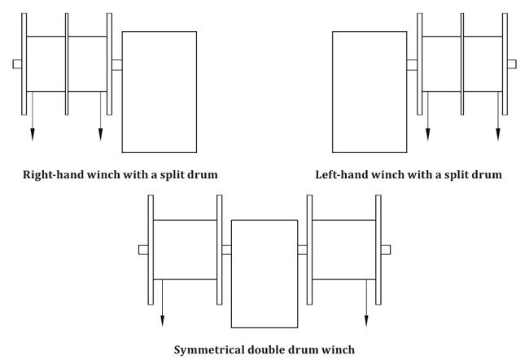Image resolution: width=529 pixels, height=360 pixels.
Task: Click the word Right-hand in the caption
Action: point(54,175)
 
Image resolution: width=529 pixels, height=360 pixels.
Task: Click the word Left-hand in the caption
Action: point(342,175)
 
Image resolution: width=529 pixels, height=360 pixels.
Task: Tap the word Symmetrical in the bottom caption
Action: point(209,350)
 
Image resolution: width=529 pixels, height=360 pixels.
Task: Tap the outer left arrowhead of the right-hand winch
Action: point(33,134)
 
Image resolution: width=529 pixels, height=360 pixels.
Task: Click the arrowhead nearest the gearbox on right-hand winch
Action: point(100,134)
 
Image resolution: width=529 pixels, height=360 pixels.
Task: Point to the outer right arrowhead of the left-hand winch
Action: point(498,134)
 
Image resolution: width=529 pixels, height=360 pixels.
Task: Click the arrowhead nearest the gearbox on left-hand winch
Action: point(428,134)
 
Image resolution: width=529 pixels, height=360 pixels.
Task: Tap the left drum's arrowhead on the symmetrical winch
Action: point(162,321)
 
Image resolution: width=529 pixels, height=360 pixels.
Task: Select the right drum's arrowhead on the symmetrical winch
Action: point(366,321)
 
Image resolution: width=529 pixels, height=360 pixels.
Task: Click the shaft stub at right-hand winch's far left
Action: point(17,64)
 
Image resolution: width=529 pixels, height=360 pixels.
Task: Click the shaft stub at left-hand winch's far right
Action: point(512,64)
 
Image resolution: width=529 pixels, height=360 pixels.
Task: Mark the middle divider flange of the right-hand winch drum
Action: point(67,64)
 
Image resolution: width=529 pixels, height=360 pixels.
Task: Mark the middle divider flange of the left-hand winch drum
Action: point(462,64)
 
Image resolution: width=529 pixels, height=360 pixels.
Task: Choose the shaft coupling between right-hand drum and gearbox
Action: point(117,65)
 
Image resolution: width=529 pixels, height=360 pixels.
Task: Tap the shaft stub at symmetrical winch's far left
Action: point(143,250)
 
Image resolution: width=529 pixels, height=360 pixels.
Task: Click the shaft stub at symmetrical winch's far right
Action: point(386,250)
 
